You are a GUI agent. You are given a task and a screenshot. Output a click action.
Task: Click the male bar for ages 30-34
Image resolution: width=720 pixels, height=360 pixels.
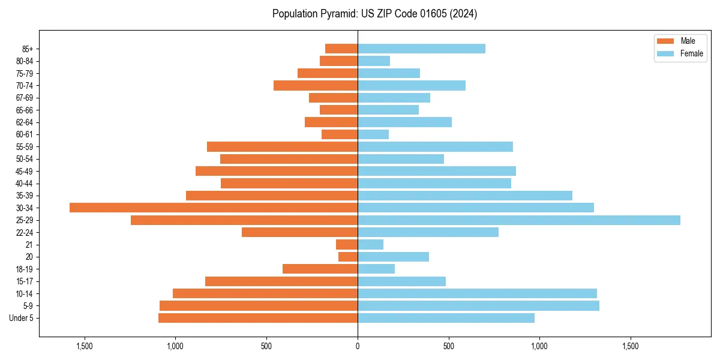point(213,208)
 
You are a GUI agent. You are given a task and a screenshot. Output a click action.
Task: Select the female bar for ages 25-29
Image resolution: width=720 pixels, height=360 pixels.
point(519,220)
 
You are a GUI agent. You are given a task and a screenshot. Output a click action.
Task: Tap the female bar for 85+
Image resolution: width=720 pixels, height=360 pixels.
point(421,49)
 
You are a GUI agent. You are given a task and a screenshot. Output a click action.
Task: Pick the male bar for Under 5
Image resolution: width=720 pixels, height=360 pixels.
point(258,318)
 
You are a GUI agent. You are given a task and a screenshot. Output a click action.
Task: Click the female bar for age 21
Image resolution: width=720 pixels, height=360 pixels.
point(370,244)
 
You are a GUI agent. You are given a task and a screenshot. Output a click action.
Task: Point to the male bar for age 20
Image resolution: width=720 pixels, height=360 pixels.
point(348,257)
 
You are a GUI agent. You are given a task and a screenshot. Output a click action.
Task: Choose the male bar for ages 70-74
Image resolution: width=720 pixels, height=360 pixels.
point(316,85)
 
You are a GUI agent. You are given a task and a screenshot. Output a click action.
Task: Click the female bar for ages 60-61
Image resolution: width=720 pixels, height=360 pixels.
point(373,134)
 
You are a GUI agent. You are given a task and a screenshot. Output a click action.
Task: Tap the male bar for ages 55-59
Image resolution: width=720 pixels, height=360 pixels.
point(282,146)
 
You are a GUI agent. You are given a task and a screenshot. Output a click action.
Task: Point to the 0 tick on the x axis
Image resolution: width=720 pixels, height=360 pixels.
point(358,346)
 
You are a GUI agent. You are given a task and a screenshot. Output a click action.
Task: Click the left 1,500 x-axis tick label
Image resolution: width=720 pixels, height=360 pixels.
point(85,346)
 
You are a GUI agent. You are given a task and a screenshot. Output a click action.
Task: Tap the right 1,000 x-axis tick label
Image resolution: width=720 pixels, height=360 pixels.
point(539,346)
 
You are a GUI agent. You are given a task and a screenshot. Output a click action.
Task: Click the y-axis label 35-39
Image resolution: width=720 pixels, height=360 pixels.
point(25,196)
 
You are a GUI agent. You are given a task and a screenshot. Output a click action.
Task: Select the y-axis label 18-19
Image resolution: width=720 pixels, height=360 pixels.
point(25,269)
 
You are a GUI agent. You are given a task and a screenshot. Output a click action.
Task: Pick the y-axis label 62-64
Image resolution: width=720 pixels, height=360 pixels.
point(25,122)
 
